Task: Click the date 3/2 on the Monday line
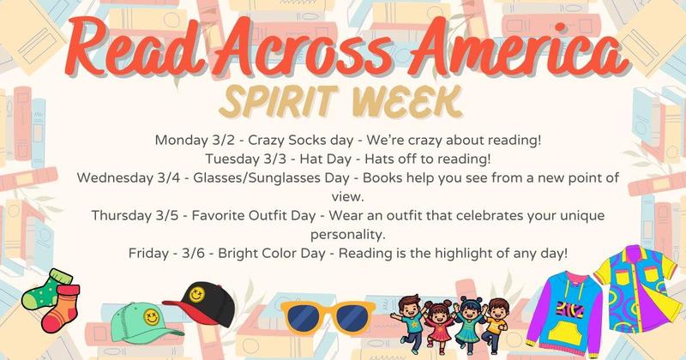point(224,139)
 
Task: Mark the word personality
point(343,234)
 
